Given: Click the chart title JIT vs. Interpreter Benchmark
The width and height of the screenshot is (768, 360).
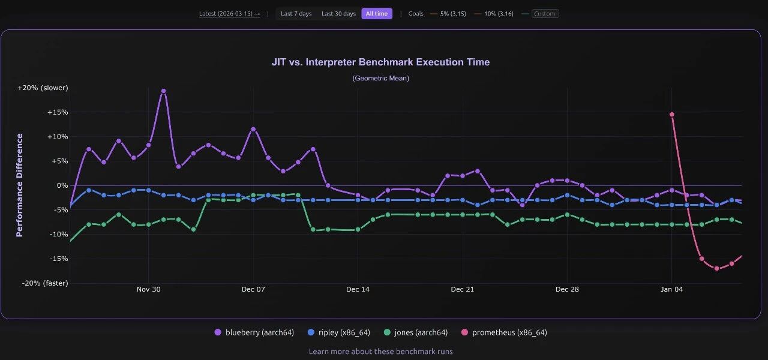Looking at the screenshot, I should pyautogui.click(x=381, y=62).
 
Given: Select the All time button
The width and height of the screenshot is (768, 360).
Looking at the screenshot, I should pyautogui.click(x=377, y=14).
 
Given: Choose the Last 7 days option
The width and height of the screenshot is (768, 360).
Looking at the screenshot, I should pyautogui.click(x=296, y=14).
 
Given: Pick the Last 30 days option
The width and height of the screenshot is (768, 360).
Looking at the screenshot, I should pyautogui.click(x=338, y=14).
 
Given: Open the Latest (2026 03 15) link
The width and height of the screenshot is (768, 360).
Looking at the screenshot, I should pyautogui.click(x=229, y=14).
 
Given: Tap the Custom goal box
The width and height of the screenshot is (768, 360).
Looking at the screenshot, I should pyautogui.click(x=545, y=14).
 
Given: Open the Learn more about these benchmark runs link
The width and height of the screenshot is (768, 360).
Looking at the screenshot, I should pyautogui.click(x=381, y=351).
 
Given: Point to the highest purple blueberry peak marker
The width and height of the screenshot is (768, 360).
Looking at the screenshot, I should pyautogui.click(x=163, y=91).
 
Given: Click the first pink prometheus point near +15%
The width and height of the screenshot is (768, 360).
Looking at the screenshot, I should pyautogui.click(x=672, y=114).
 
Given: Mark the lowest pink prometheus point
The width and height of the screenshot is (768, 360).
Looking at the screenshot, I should pyautogui.click(x=716, y=268).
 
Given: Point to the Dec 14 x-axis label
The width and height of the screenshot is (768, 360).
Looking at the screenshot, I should pyautogui.click(x=358, y=289).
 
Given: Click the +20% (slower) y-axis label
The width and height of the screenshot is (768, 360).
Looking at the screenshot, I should pyautogui.click(x=43, y=88).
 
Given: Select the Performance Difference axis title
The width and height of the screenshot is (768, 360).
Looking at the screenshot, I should pyautogui.click(x=19, y=185).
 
